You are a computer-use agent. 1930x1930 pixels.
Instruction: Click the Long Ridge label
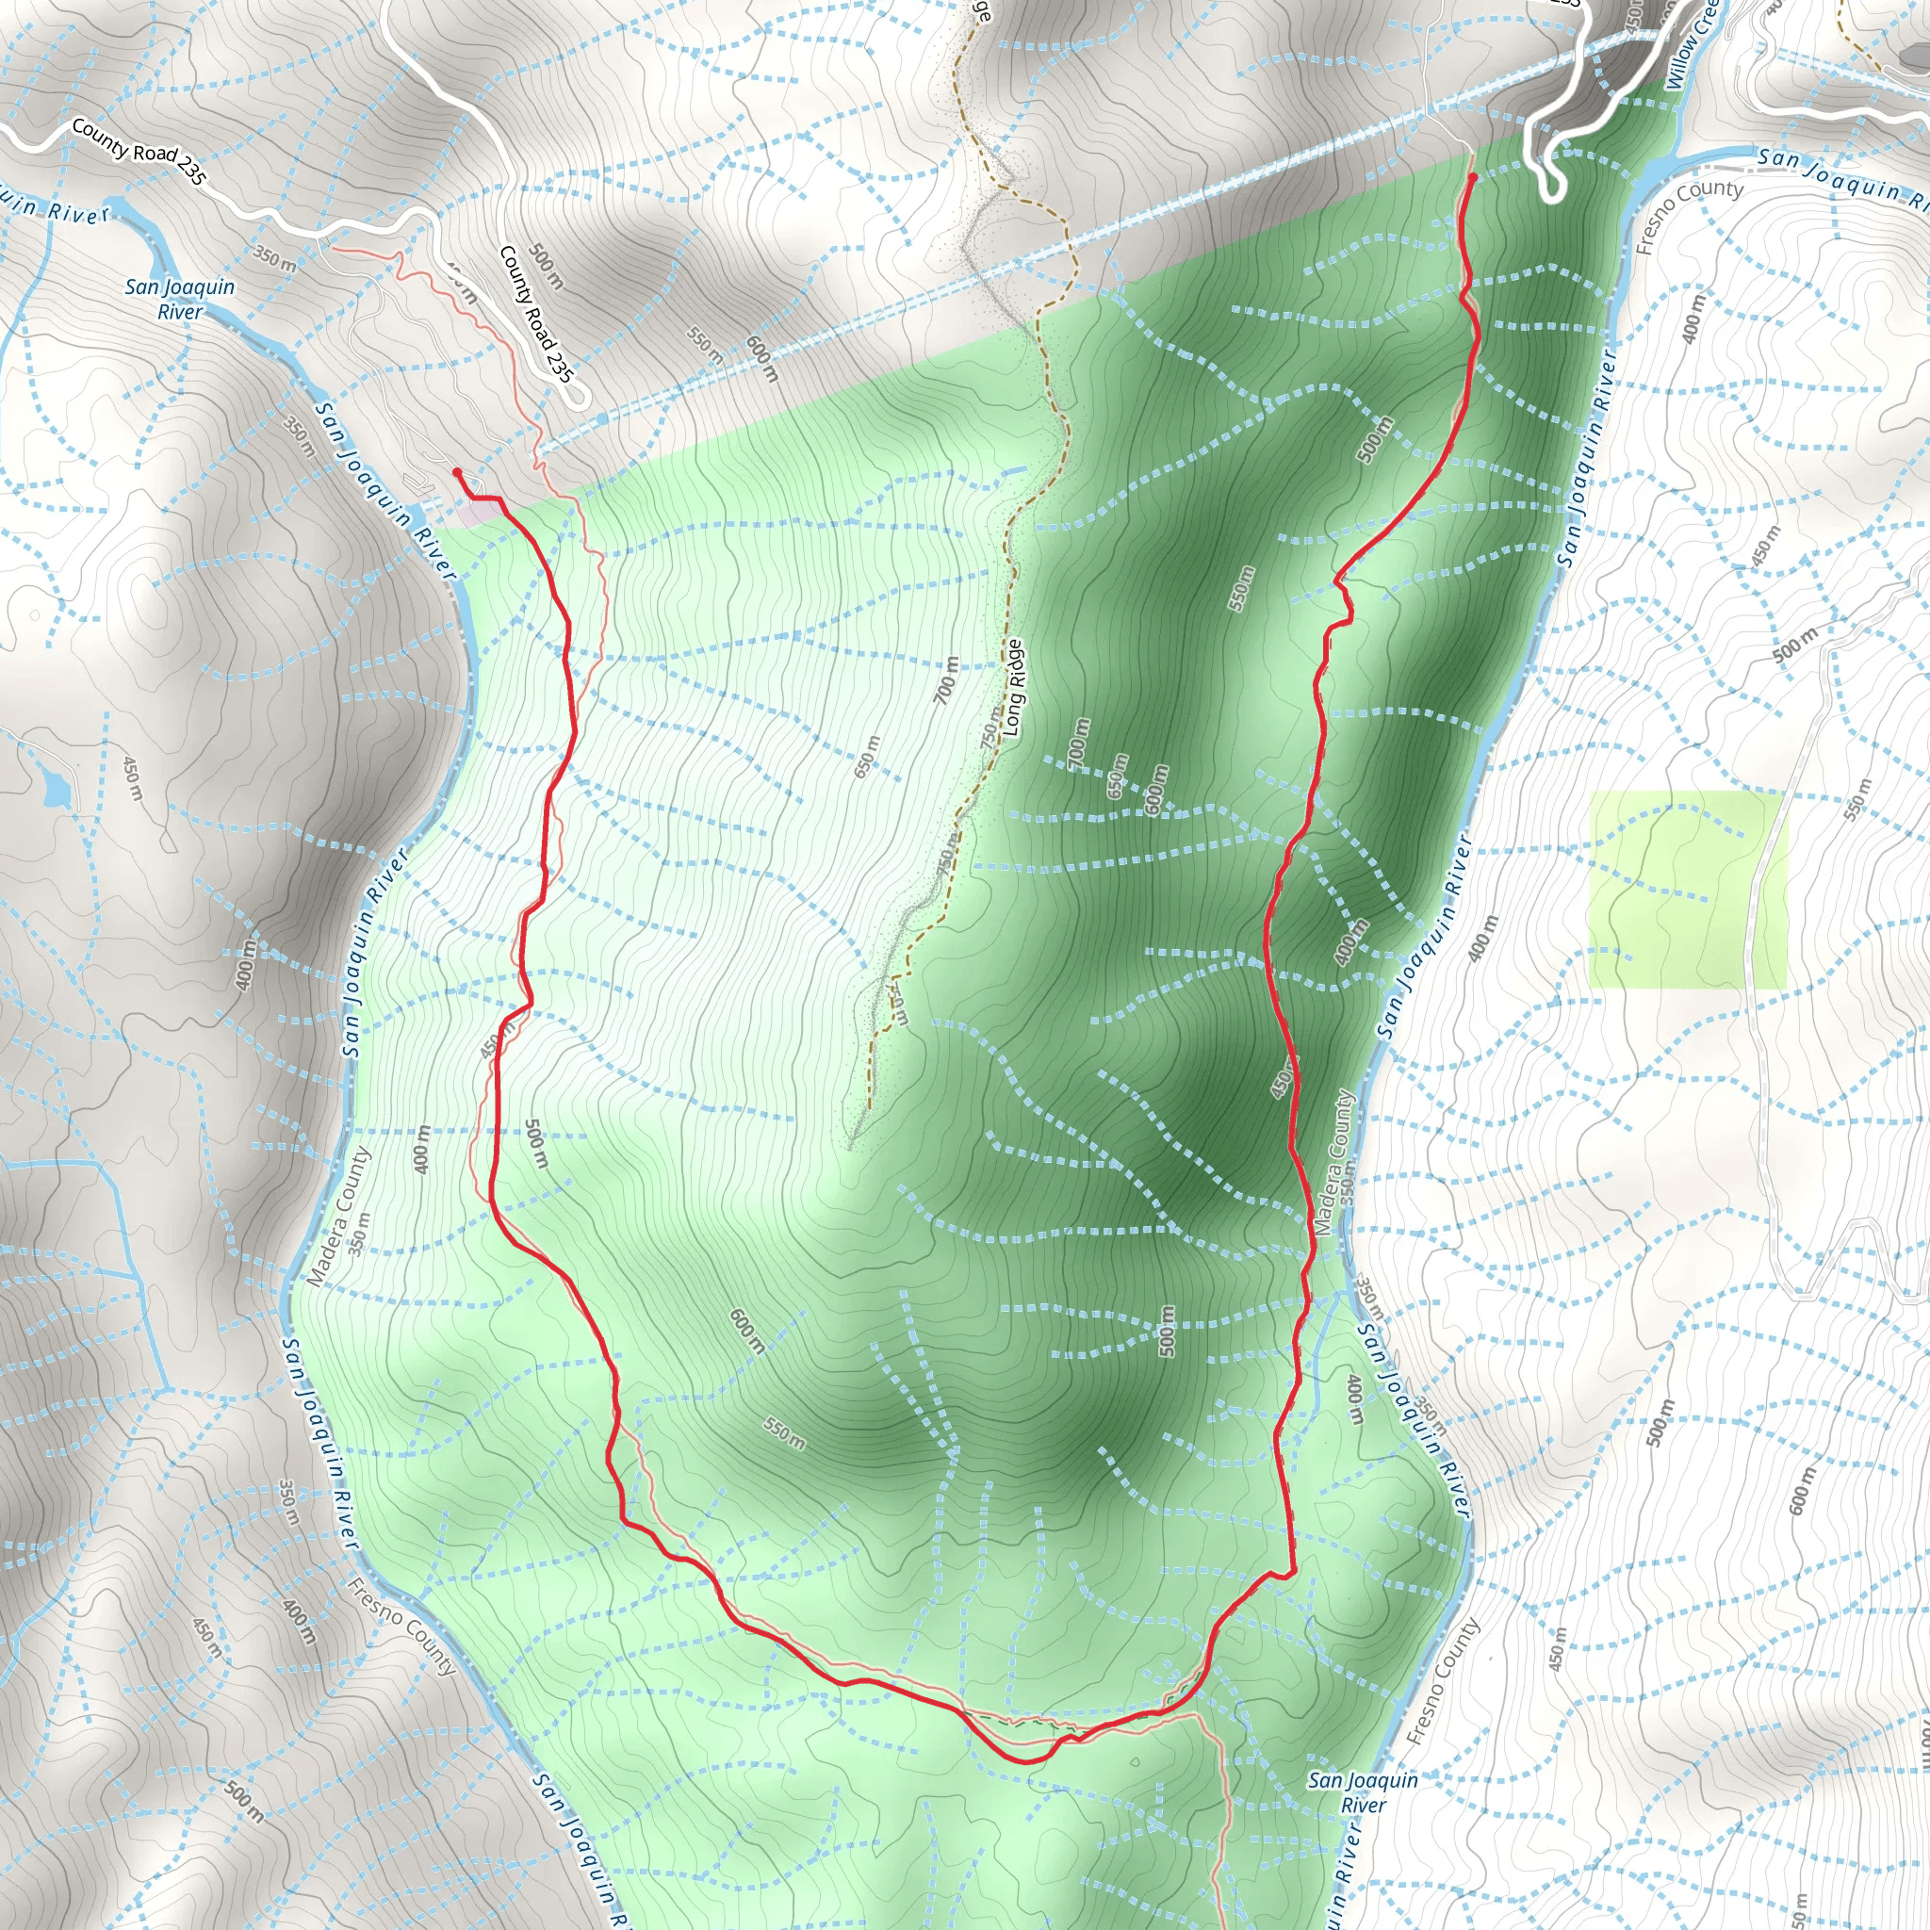click(x=1013, y=688)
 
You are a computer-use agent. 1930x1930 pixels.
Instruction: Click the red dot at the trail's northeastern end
click(x=1473, y=178)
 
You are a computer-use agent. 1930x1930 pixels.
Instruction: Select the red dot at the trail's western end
click(x=457, y=472)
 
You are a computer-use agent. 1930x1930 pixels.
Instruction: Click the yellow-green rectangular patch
click(x=1686, y=889)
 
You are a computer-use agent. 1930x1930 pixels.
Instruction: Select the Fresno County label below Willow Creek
click(x=1688, y=216)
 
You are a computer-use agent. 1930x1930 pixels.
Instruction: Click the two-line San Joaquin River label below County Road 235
click(x=180, y=299)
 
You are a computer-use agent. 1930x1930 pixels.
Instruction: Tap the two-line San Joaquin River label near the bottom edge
click(x=1363, y=1792)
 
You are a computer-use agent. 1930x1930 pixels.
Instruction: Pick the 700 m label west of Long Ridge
click(x=945, y=680)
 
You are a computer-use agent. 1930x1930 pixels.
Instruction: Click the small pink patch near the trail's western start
click(x=477, y=512)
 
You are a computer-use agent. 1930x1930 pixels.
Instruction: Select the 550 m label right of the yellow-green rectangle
click(x=1855, y=799)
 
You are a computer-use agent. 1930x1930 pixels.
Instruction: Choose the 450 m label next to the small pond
click(x=133, y=778)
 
